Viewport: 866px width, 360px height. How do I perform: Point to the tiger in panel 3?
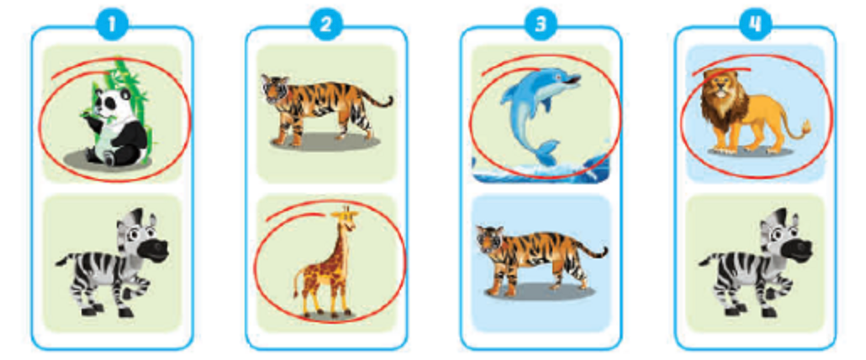coord(538,257)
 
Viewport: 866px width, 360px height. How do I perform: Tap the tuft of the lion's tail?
coord(805,128)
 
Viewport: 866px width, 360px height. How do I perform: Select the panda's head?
coord(109,105)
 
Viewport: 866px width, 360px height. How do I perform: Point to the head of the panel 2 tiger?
coord(274,90)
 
